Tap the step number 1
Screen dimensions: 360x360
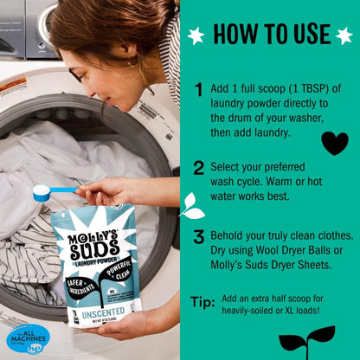199,88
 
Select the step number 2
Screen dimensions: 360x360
199,168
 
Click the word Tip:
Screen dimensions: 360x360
202,302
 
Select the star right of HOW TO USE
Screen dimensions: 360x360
344,35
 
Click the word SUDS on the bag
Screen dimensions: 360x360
93,250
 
